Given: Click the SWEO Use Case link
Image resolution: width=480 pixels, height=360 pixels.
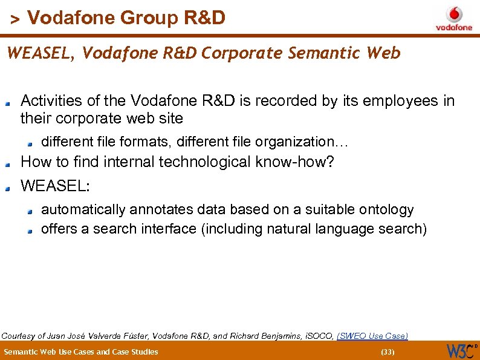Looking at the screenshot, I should click(372, 335).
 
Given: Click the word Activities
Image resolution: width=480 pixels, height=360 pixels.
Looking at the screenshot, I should click(50, 101).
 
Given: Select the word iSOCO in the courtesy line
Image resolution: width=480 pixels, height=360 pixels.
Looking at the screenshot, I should click(316, 335).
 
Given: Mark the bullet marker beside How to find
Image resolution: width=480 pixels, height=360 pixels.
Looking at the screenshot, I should click(8, 164).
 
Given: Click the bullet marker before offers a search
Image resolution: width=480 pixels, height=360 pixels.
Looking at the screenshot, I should click(31, 231).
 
